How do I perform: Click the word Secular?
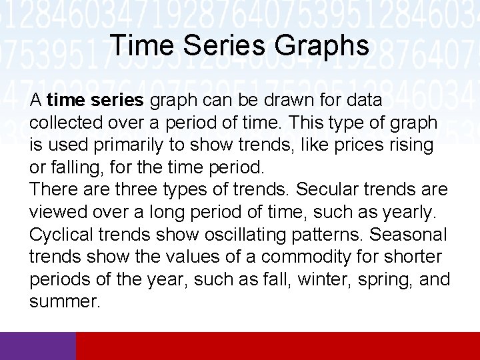tap(328, 190)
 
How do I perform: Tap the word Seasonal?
tap(408, 235)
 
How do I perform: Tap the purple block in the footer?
tap(38, 345)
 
